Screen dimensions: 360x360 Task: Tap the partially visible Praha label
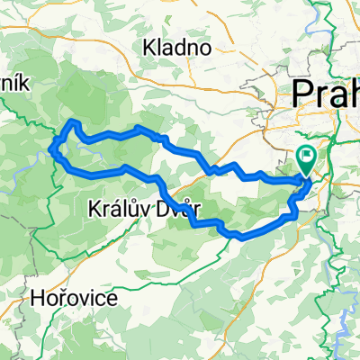[x=325, y=94]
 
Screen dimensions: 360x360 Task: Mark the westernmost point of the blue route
[x=53, y=149]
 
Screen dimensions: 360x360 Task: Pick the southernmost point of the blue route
[x=238, y=238]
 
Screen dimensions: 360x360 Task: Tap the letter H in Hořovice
[x=37, y=297]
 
